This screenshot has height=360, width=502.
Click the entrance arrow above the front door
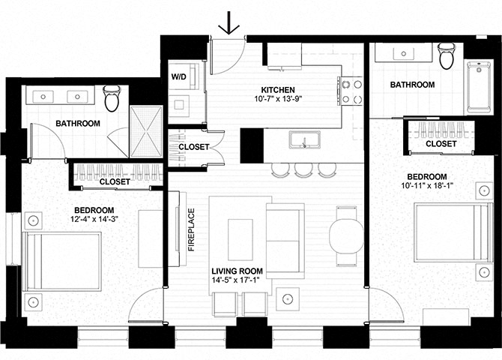click(229, 22)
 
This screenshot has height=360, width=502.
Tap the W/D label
click(178, 76)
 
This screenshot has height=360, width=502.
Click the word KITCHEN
click(278, 90)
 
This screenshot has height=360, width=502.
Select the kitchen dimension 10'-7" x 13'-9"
click(278, 99)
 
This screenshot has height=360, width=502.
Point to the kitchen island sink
click(304, 139)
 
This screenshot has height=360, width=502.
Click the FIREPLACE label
click(191, 229)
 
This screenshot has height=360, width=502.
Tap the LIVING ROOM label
click(238, 271)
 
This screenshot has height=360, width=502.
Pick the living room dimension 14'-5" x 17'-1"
click(235, 280)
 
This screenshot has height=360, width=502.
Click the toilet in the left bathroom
click(112, 97)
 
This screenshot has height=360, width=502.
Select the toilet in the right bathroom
click(447, 55)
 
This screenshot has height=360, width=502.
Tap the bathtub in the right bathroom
click(479, 87)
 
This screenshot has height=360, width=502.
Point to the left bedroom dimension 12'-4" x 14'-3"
click(94, 219)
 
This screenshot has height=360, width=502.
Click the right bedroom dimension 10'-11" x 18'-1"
click(427, 185)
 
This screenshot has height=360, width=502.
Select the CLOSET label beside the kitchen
click(194, 147)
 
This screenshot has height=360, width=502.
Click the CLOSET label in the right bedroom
click(441, 143)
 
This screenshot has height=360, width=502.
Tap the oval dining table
click(346, 236)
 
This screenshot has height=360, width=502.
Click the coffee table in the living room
click(240, 239)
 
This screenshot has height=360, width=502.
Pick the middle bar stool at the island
click(303, 170)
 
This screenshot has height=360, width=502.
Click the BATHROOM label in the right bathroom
click(412, 85)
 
